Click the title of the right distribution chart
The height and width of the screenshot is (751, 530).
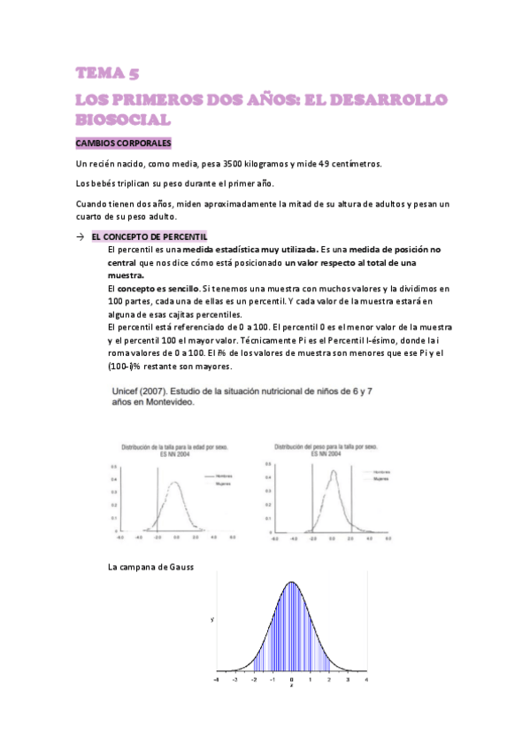326,450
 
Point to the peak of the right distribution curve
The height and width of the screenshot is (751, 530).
334,469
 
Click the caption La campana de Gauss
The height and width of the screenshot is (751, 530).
150,566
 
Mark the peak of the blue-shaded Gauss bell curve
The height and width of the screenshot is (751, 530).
291,582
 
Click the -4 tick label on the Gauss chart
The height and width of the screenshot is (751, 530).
217,680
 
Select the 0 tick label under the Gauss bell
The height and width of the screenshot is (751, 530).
291,680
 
